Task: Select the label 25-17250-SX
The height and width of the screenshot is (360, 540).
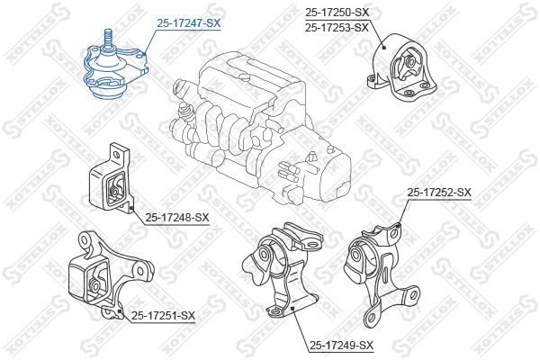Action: pos(337,13)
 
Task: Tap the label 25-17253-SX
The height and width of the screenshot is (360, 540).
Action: pos(337,27)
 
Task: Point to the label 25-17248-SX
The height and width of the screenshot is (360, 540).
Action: pos(176,217)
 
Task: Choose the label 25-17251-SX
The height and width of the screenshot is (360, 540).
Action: pos(163,315)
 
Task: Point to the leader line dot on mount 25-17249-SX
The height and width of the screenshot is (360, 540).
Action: pos(293,308)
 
